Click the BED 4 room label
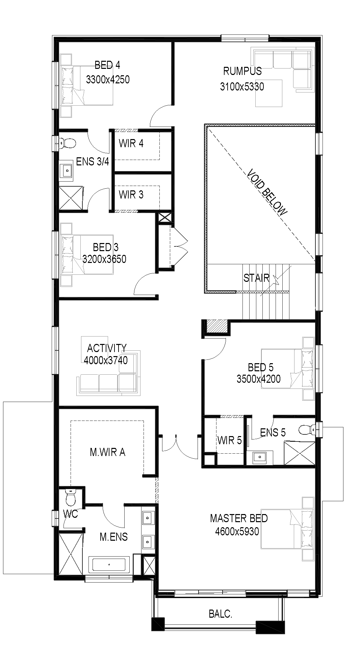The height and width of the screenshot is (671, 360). coord(107,64)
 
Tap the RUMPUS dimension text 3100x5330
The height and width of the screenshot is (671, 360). coord(242,87)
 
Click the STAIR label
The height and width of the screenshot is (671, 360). coord(256,278)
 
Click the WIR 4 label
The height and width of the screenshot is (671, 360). coord(131,143)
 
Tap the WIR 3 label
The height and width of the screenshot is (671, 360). coord(131,194)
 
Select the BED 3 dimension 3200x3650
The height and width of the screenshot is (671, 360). coord(104,259)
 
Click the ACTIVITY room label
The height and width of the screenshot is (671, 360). coord(107,348)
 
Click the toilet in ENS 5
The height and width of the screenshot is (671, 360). coord(307,429)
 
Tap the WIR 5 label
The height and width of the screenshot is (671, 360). coord(230,440)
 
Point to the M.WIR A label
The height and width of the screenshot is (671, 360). coord(107,452)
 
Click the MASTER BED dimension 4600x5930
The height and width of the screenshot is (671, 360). coord(237,532)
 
